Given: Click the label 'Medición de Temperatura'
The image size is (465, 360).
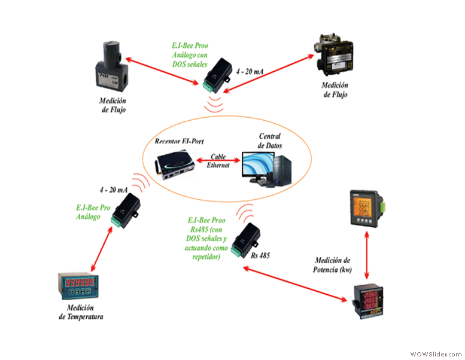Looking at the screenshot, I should tap(81, 313).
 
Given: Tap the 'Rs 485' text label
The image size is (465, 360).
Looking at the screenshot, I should tap(260, 255).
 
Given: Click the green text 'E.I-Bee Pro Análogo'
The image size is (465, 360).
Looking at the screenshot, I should tap(93, 212).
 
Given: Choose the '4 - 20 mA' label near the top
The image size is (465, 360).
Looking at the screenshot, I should tap(249, 71).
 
